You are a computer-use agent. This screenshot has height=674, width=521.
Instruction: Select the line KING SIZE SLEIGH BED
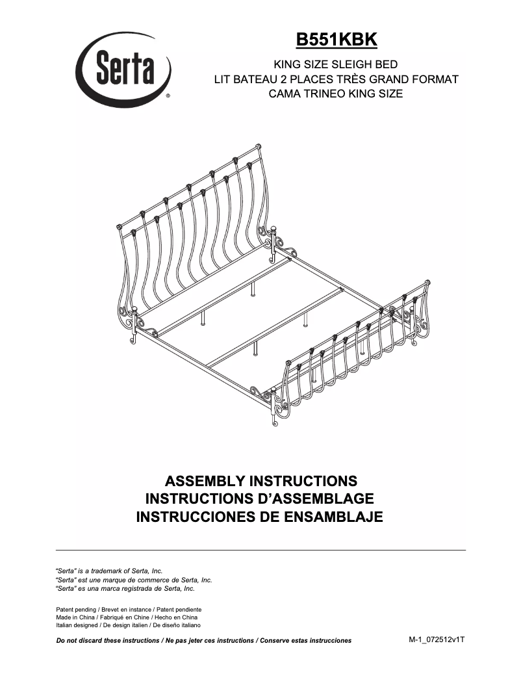tap(336, 65)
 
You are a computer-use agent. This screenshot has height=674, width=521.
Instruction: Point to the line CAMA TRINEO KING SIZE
tap(336, 94)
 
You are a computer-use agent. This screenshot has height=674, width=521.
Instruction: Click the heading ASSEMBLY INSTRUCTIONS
tap(261, 482)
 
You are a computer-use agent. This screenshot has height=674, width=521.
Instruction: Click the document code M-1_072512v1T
tap(437, 640)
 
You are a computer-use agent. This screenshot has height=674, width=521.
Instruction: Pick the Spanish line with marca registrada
tap(125, 588)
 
